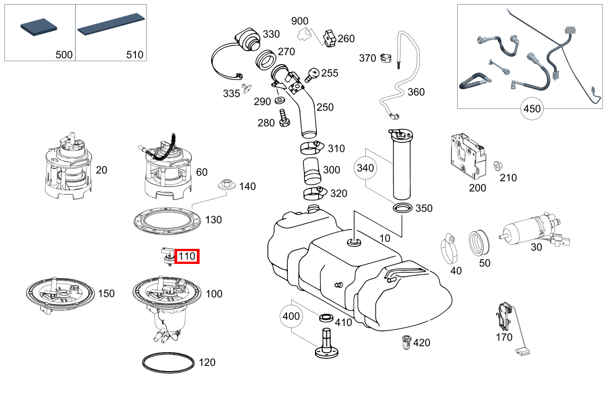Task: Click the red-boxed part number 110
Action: click(187, 257)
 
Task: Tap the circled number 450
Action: click(531, 109)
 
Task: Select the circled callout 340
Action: click(365, 168)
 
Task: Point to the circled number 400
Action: click(292, 316)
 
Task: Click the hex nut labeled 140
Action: click(226, 184)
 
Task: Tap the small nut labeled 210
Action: click(496, 165)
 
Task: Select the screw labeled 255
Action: click(312, 74)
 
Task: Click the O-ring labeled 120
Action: click(168, 362)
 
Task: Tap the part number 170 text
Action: click(504, 337)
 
